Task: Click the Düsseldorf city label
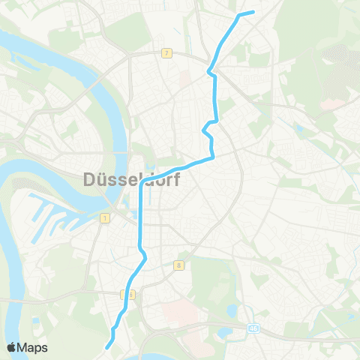(128, 180)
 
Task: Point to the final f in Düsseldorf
(172, 180)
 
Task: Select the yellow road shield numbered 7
(166, 53)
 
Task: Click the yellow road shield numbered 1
(104, 217)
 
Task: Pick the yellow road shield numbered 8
(179, 265)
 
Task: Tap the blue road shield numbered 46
(256, 328)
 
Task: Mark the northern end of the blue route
(253, 11)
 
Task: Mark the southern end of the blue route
(108, 347)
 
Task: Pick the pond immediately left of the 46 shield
(225, 330)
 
